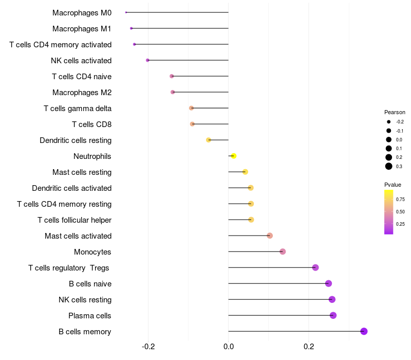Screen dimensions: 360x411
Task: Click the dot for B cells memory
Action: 364,331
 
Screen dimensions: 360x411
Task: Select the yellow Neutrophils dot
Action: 234,156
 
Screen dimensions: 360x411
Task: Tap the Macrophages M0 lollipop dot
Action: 126,12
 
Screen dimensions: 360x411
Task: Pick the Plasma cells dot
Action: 333,315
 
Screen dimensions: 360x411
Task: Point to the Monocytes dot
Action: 283,251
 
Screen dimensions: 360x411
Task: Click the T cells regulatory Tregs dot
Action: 315,267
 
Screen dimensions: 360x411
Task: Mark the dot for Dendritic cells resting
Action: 209,140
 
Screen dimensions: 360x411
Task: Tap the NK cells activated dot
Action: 147,60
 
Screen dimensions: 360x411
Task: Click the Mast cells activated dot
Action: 270,236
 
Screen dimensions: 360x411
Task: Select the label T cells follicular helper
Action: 74,220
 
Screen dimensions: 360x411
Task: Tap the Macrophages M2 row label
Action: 82,93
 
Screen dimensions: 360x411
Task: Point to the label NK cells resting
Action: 85,300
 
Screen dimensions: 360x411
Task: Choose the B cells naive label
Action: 90,284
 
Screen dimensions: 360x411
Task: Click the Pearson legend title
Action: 395,112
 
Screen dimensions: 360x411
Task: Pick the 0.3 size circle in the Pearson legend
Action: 389,166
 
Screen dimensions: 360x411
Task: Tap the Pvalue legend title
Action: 393,185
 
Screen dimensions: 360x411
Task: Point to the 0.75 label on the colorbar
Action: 400,199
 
